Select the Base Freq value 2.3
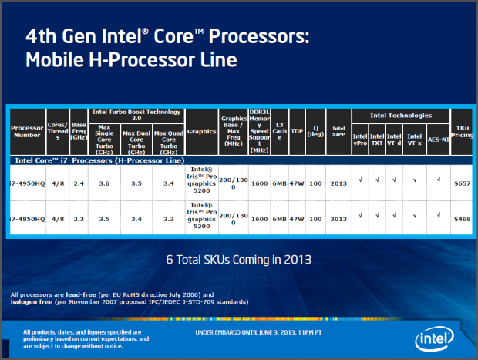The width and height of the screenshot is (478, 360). (79, 218)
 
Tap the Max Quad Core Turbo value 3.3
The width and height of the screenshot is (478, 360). (168, 218)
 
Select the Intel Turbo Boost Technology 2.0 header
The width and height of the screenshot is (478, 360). (137, 116)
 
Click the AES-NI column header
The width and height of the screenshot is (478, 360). (437, 141)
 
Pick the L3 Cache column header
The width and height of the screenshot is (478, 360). (280, 132)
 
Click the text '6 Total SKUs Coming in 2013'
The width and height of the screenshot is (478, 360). (238, 259)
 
